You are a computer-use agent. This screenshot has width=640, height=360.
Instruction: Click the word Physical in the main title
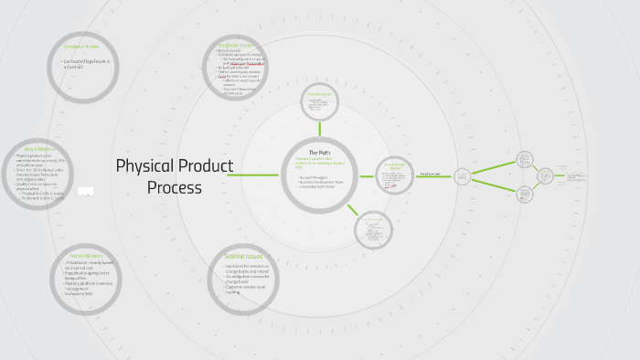tap(145, 166)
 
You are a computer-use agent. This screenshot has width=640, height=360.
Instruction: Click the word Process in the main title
tap(175, 187)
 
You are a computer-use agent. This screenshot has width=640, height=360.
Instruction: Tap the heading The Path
tap(317, 152)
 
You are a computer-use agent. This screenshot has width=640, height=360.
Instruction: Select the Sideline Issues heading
tap(244, 257)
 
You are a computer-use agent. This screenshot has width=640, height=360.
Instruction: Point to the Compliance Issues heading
tap(80, 46)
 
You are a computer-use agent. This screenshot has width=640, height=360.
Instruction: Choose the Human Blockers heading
tap(84, 255)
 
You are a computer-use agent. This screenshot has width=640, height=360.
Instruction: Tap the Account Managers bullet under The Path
tap(316, 177)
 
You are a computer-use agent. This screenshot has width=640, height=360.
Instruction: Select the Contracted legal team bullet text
tap(87, 63)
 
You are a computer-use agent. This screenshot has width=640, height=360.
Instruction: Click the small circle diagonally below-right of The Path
tap(372, 230)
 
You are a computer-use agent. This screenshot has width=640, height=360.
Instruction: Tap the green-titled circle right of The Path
tap(394, 175)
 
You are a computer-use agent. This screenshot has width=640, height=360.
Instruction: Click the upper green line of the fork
tap(494, 167)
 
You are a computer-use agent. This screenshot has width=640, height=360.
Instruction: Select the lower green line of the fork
tap(494, 185)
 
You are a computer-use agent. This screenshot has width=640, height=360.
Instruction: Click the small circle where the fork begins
tap(463, 175)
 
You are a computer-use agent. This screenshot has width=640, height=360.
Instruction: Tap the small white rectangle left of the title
tap(86, 191)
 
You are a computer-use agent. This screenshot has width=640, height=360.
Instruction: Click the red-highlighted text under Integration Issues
tap(244, 64)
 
